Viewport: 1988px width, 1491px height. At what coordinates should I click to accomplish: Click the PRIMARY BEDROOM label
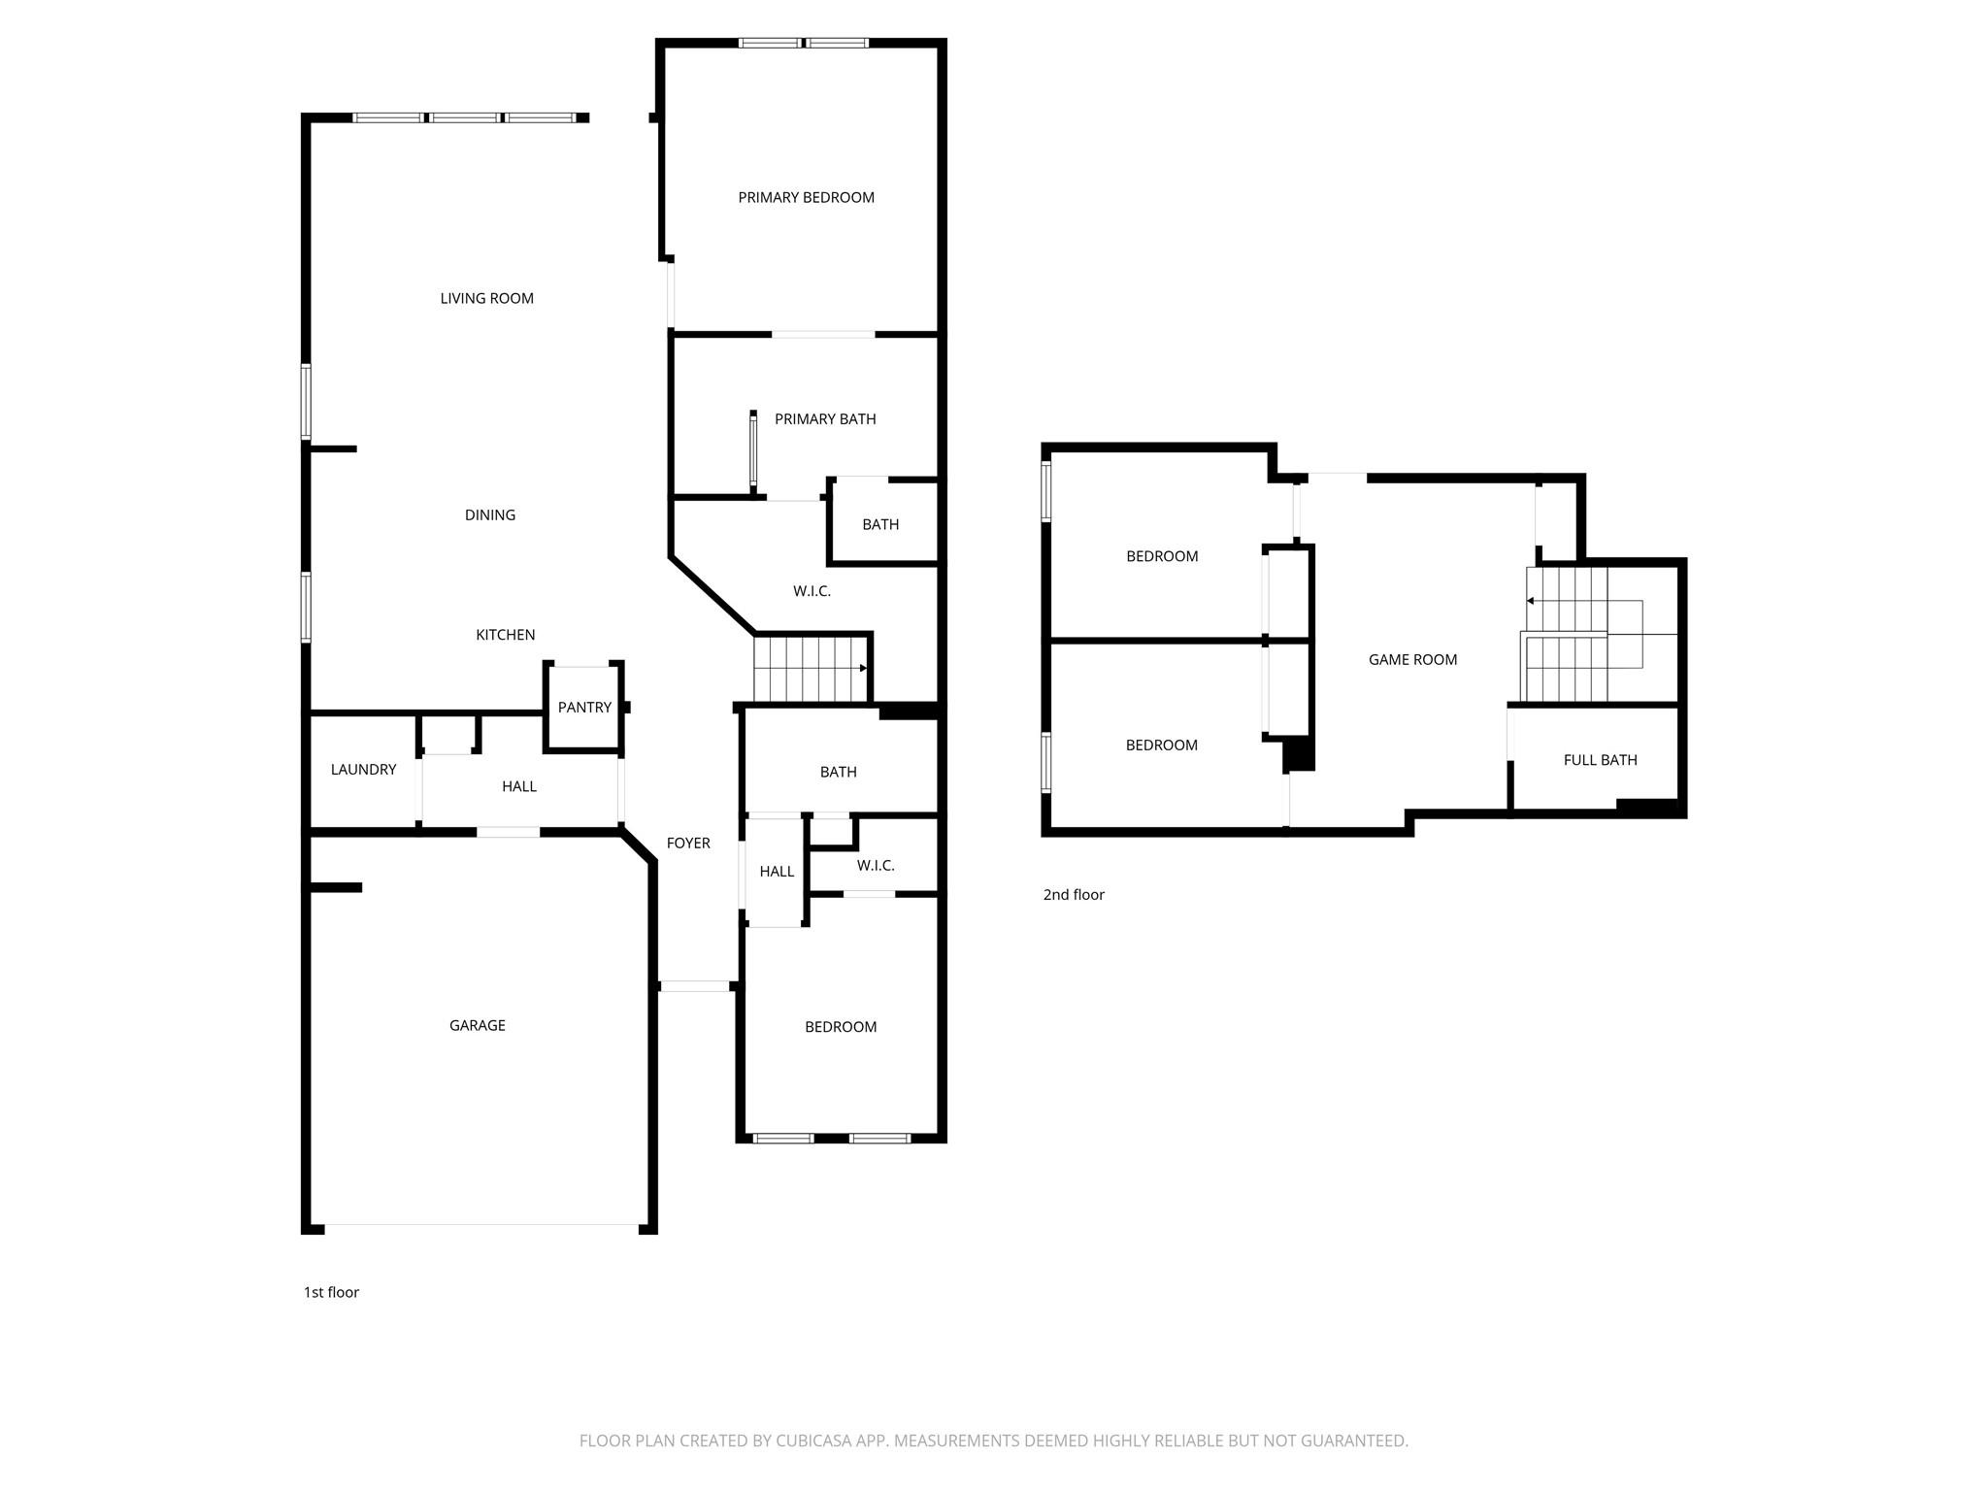pos(806,197)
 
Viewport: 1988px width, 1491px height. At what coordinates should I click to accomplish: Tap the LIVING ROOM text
pos(486,298)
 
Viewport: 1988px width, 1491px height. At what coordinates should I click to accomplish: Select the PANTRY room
pos(584,708)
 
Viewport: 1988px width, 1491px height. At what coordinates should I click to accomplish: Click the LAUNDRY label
pos(363,770)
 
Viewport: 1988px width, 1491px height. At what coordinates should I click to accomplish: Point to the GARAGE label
pos(477,1025)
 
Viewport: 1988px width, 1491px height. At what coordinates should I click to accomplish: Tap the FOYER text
pos(688,844)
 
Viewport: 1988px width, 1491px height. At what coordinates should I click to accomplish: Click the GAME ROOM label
pos(1412,660)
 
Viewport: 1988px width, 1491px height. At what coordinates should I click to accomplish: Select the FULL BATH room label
pos(1600,760)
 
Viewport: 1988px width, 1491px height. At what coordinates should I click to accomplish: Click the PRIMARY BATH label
pos(825,419)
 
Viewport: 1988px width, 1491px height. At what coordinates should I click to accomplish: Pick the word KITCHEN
pos(505,635)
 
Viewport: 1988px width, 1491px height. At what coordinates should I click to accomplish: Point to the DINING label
pos(489,515)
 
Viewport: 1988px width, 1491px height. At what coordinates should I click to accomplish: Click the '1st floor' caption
pos(331,1292)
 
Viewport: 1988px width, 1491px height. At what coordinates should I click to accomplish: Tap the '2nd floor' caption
pos(1074,895)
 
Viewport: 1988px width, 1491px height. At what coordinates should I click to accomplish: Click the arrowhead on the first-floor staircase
pos(863,668)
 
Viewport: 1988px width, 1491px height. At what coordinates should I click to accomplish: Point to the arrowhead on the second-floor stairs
pos(1530,601)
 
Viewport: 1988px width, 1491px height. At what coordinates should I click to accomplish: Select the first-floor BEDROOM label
pos(841,1027)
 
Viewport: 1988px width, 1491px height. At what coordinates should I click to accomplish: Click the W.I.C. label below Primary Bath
pos(812,591)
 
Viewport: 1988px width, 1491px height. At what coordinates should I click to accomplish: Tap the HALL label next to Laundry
pos(519,786)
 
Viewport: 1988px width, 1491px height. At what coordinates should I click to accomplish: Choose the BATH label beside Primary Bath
pos(880,524)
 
